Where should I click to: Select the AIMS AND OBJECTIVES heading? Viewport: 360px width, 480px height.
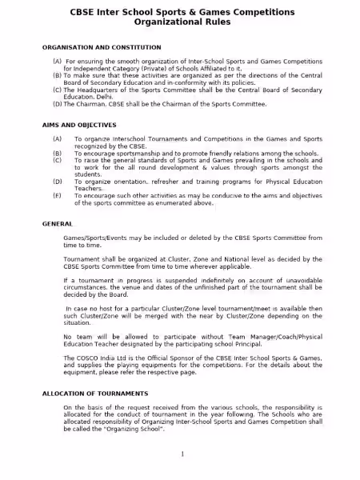tap(79, 125)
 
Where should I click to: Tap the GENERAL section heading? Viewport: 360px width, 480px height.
tap(58, 224)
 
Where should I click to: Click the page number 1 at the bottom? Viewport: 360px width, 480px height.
tap(182, 454)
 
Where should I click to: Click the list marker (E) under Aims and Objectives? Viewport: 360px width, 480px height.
tap(57, 195)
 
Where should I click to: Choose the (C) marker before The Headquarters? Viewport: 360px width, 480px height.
tap(58, 90)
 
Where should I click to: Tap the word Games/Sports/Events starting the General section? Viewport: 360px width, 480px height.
tap(94, 238)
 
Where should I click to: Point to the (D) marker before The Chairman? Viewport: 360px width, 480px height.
tap(58, 104)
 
